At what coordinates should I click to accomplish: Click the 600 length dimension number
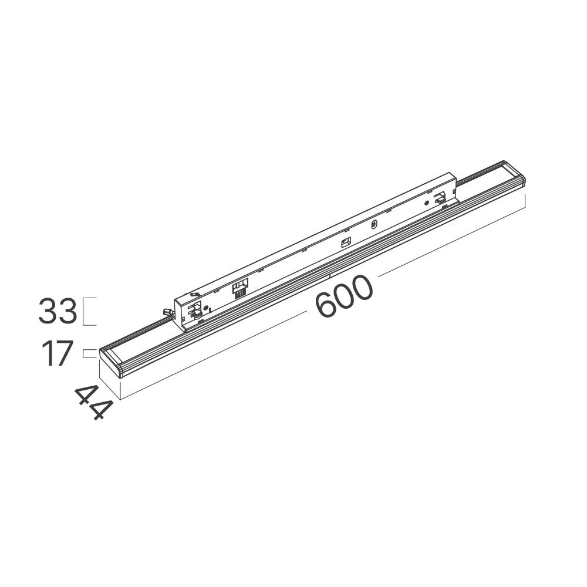tap(345, 296)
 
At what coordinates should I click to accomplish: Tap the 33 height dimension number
tap(58, 311)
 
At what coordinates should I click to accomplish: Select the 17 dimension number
tap(57, 354)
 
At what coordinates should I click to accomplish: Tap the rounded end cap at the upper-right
tap(514, 173)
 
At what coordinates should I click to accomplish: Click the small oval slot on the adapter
tap(373, 225)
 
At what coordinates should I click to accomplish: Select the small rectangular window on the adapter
tap(346, 242)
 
